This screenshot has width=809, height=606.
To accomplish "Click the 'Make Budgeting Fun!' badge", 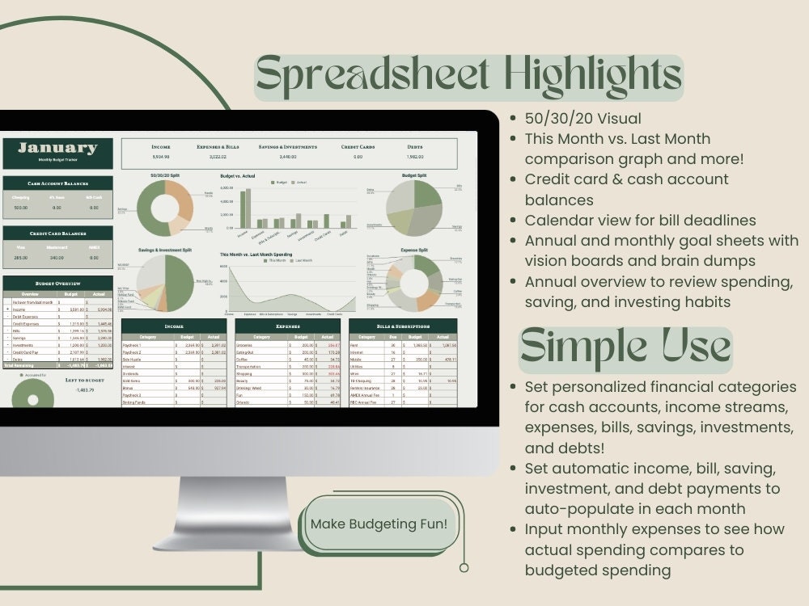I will click(x=379, y=524).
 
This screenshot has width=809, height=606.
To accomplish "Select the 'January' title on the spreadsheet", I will click(x=57, y=149).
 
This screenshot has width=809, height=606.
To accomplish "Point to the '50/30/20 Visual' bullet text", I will click(x=583, y=119).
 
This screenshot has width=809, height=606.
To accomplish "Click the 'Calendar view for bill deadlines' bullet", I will click(x=640, y=220).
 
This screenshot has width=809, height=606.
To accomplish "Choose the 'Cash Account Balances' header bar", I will click(x=57, y=183).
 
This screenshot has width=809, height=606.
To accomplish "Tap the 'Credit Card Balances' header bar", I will click(x=57, y=234).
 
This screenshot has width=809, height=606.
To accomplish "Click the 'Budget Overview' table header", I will click(x=57, y=284).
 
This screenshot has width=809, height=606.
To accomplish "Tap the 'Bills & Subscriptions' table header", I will click(x=403, y=326).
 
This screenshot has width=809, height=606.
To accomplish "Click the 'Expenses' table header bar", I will click(x=288, y=326).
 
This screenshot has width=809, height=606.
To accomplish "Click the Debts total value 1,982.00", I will click(x=414, y=158).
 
